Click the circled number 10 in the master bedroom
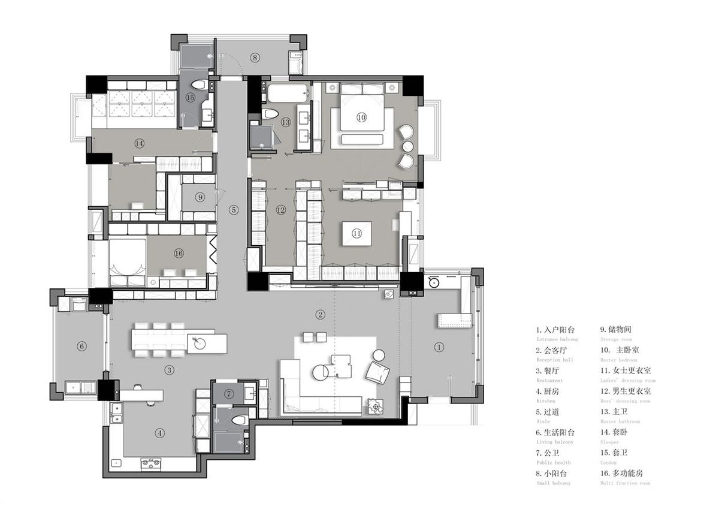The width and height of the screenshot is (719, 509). tap(361, 118)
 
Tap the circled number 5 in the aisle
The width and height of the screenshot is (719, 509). tap(234, 210)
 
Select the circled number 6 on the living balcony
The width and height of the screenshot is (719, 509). tap(82, 346)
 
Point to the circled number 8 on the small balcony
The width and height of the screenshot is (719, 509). tap(255, 58)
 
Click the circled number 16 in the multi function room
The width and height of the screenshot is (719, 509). tap(178, 254)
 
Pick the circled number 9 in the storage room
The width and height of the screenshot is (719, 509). tap(200, 197)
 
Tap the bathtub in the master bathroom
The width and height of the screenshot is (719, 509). tap(286, 93)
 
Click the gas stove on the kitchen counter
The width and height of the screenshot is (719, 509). tap(150, 462)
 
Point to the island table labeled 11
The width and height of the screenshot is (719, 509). tap(357, 234)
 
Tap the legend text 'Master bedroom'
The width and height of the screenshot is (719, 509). tap(620, 360)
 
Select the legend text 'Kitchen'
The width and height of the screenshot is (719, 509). tap(545, 401)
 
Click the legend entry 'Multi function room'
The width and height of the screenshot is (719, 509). tap(624, 483)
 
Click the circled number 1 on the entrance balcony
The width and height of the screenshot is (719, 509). tap(439, 347)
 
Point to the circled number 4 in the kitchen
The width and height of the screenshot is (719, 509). tap(159, 432)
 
